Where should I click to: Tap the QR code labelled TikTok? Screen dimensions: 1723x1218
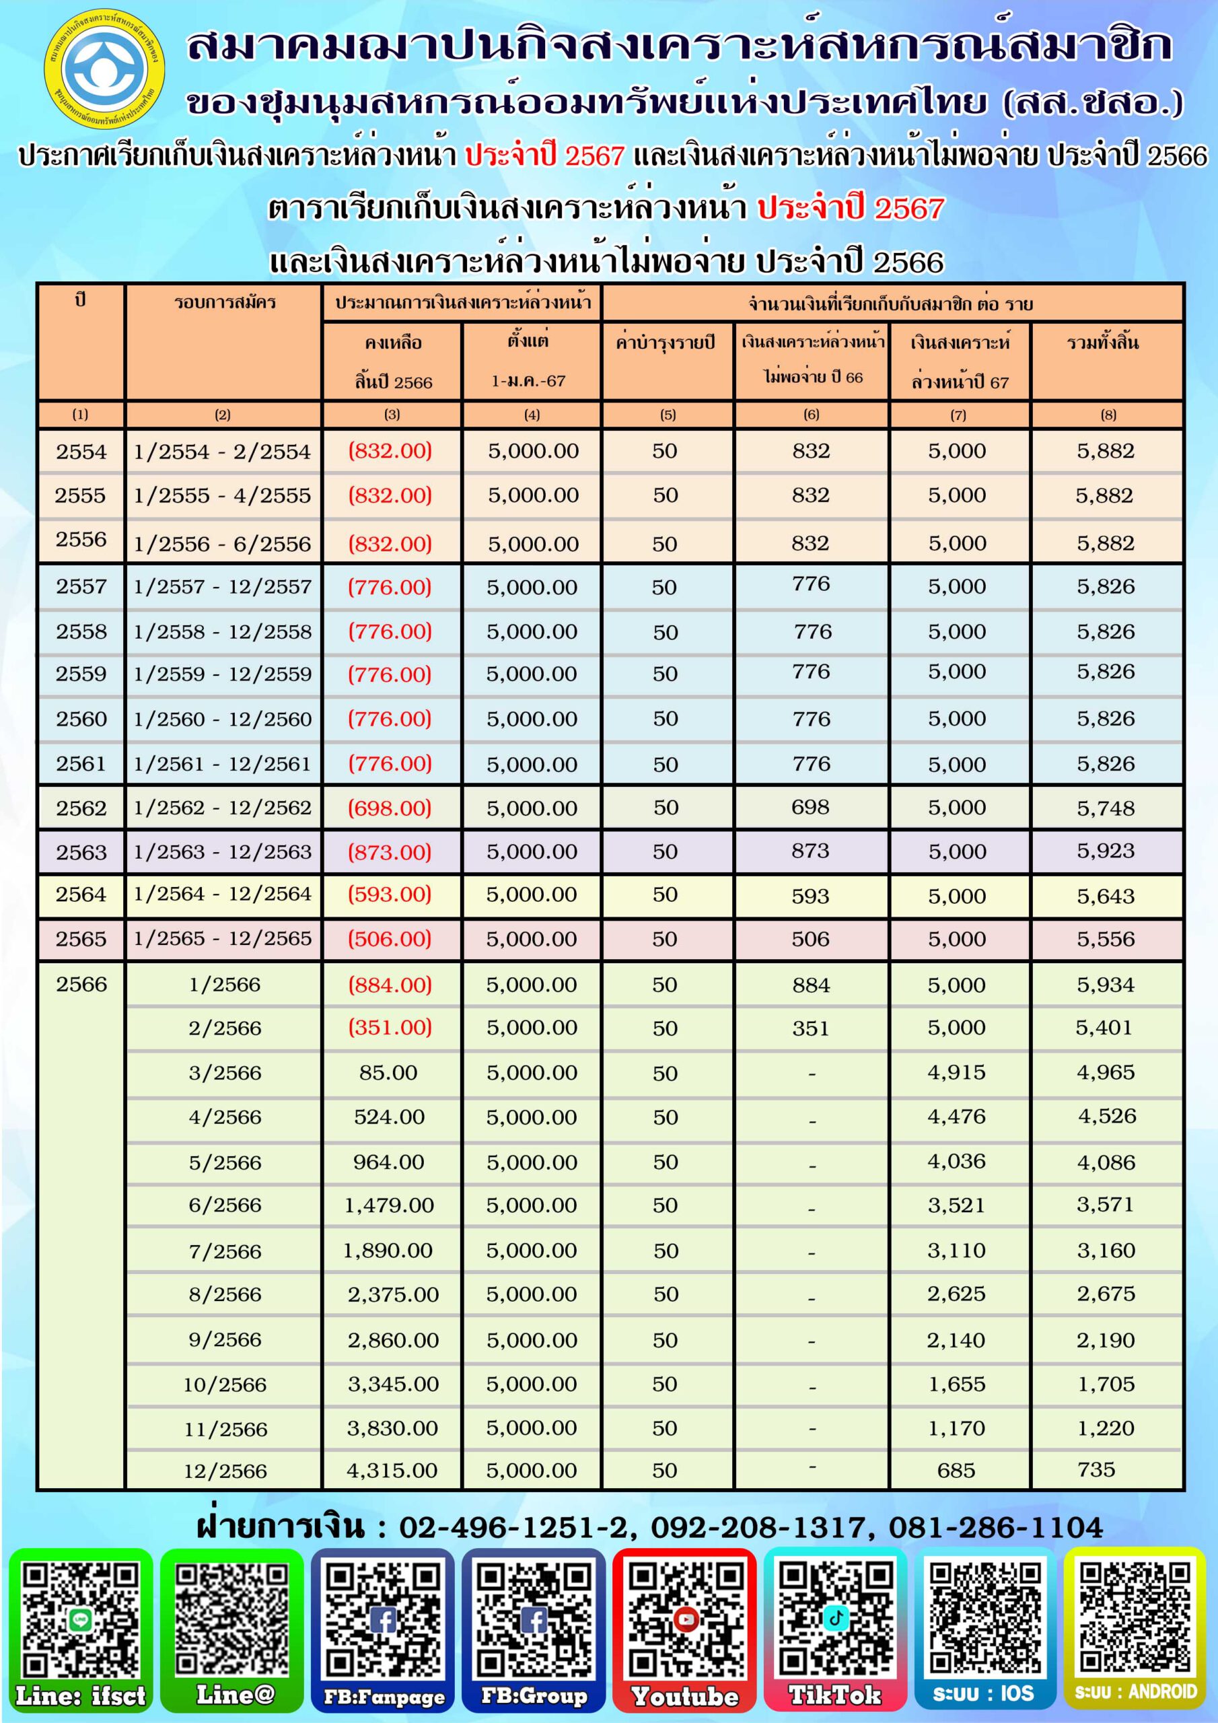835,1619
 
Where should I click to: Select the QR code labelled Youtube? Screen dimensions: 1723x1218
684,1619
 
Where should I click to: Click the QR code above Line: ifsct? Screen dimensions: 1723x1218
80,1619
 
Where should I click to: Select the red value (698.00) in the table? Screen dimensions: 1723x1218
390,808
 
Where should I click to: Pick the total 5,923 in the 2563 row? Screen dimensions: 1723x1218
1106,851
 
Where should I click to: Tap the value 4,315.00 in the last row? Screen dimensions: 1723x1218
392,1471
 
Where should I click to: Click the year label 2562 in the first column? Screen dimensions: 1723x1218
81,808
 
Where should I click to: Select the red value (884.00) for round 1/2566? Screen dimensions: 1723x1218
390,985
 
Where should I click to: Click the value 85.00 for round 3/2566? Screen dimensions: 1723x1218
388,1072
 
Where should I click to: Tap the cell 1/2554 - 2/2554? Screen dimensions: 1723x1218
222,451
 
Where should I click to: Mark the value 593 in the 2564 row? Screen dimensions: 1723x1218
810,896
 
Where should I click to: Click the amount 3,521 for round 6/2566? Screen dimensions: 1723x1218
956,1205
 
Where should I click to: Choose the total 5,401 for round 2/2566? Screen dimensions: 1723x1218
1104,1027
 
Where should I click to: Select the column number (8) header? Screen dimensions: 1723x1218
1108,414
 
